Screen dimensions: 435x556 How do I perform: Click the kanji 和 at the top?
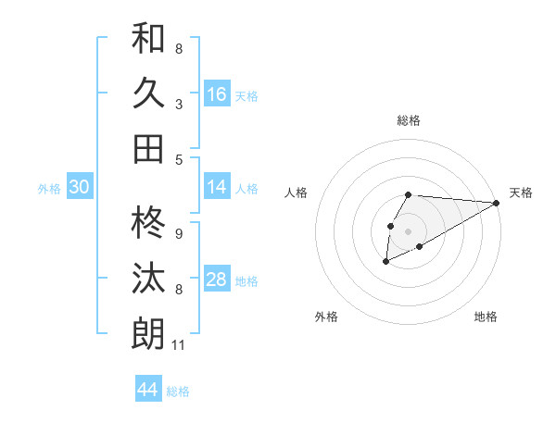tap(148, 40)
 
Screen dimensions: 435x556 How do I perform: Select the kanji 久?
tap(148, 93)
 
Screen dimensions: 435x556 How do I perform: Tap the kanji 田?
tap(148, 148)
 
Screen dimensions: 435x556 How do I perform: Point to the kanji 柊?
tap(148, 223)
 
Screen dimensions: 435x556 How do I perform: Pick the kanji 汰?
tap(148, 279)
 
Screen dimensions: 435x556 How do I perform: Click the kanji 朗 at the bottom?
tap(148, 333)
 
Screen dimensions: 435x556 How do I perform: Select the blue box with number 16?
tap(217, 94)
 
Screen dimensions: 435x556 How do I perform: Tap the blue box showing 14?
tap(217, 187)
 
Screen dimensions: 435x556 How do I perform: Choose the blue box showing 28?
tap(217, 280)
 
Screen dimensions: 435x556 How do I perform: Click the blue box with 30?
tap(80, 187)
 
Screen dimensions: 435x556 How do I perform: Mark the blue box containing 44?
tap(148, 390)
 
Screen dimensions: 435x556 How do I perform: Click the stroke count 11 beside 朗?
tap(179, 346)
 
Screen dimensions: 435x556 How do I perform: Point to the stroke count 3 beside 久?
tap(179, 105)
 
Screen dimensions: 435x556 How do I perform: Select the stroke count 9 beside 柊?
tap(179, 234)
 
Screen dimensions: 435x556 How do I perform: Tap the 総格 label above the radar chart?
tap(408, 120)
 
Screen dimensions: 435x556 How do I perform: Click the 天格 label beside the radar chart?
tap(521, 193)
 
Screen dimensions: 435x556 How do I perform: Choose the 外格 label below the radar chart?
tap(326, 317)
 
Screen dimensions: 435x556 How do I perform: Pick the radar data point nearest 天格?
tap(497, 203)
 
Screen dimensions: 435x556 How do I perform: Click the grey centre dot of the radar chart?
tap(408, 230)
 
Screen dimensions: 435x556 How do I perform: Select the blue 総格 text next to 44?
tap(178, 391)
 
